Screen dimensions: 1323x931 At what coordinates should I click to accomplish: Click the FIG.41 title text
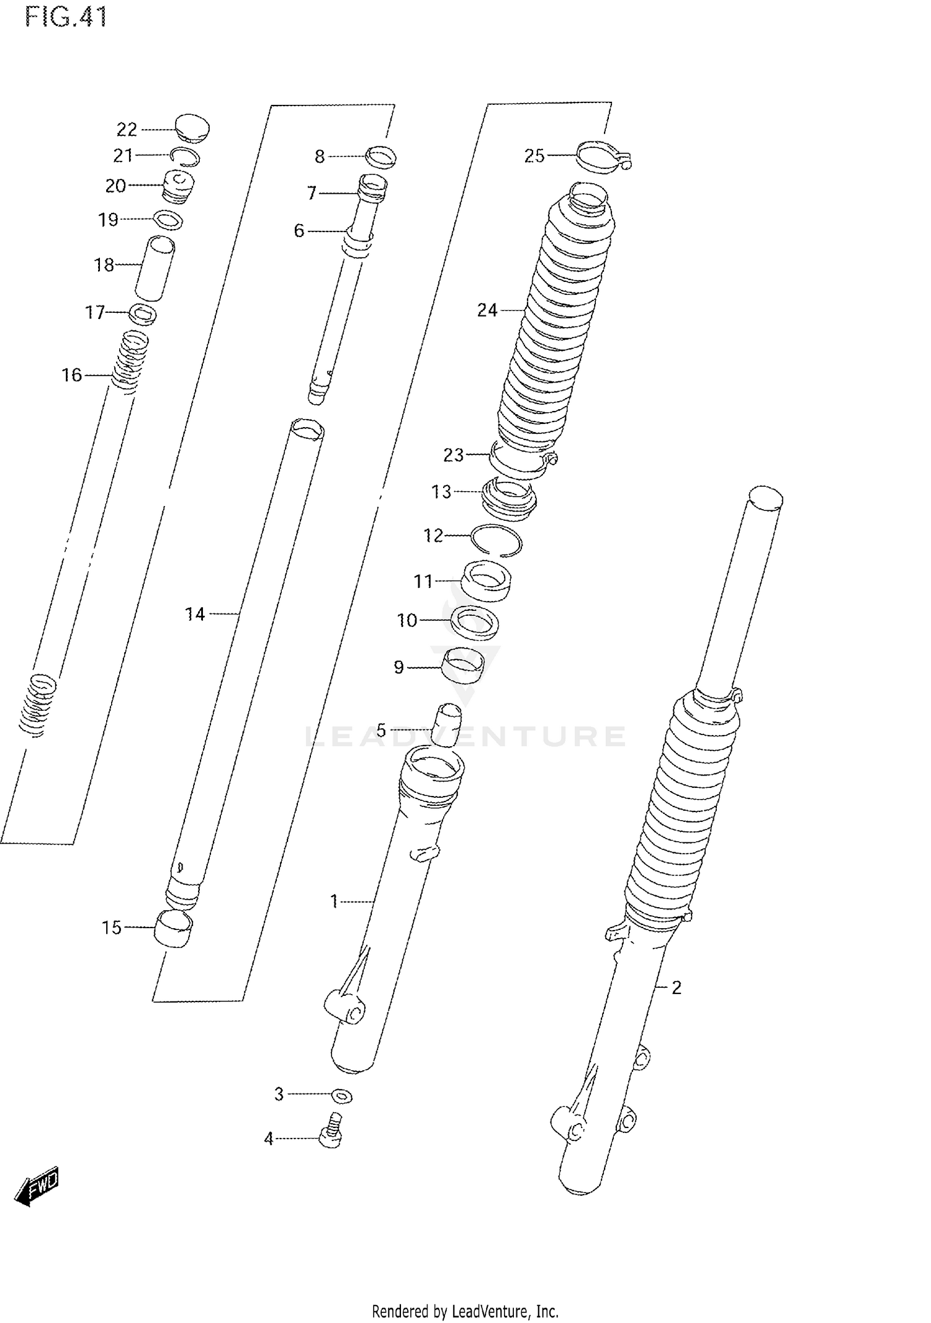[x=66, y=17]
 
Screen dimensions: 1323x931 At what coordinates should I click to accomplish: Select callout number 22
[x=127, y=129]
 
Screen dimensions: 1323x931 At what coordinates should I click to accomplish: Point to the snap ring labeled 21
[x=185, y=157]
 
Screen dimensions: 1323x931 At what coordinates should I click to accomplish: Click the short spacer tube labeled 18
[x=155, y=268]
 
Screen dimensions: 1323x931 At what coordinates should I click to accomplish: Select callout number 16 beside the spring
[x=71, y=375]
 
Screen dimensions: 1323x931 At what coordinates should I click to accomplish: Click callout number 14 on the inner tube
[x=195, y=614]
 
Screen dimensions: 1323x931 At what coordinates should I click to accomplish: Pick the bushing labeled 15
[x=173, y=928]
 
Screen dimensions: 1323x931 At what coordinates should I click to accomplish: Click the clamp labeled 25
[x=602, y=157]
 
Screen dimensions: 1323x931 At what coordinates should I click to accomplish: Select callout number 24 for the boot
[x=487, y=310]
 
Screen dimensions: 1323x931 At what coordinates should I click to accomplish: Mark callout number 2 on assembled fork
[x=677, y=987]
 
